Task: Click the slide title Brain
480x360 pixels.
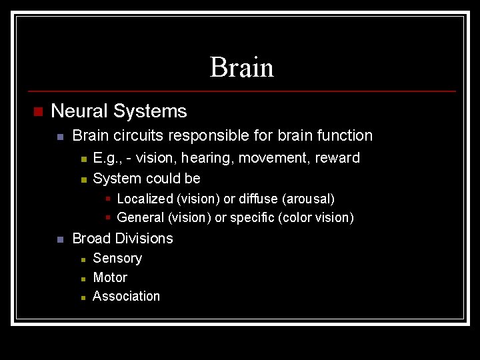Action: click(x=241, y=67)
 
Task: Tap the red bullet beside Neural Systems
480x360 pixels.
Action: click(x=37, y=111)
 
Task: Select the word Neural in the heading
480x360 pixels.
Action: click(x=79, y=111)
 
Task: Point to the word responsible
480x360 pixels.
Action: click(x=205, y=135)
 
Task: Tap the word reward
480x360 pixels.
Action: click(x=339, y=158)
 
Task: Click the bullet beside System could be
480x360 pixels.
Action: click(x=83, y=179)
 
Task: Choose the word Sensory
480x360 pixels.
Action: click(x=117, y=258)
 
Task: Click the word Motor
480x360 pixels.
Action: click(x=110, y=277)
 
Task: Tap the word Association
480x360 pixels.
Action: click(x=127, y=296)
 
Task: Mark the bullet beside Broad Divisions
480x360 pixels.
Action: click(x=60, y=239)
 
